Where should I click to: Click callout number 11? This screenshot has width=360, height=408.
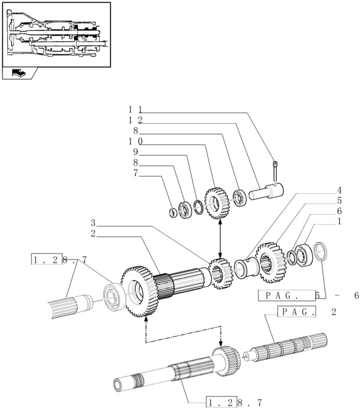pyautogui.click(x=135, y=109)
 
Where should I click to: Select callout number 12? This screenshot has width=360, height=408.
pyautogui.click(x=135, y=120)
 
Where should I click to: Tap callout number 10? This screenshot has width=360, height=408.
pyautogui.click(x=135, y=141)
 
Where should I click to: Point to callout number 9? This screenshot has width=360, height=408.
pyautogui.click(x=135, y=151)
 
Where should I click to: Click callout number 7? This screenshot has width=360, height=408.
pyautogui.click(x=135, y=173)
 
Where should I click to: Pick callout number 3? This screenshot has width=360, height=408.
pyautogui.click(x=93, y=223)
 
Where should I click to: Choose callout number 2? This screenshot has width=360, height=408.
pyautogui.click(x=93, y=234)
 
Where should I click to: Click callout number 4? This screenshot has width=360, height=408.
pyautogui.click(x=339, y=190)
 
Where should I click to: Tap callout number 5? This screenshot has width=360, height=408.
pyautogui.click(x=339, y=200)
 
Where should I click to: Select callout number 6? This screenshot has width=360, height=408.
pyautogui.click(x=339, y=211)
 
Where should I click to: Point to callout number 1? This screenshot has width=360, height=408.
pyautogui.click(x=339, y=222)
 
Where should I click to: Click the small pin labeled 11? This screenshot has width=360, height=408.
pyautogui.click(x=275, y=173)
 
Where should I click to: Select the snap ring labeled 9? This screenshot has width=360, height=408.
pyautogui.click(x=199, y=208)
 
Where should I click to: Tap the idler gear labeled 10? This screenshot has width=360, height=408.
pyautogui.click(x=217, y=203)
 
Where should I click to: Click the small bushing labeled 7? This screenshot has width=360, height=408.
pyautogui.click(x=172, y=213)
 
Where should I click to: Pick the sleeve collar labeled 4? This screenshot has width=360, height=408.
pyautogui.click(x=246, y=268)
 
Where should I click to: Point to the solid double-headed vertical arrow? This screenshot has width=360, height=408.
pyautogui.click(x=220, y=239)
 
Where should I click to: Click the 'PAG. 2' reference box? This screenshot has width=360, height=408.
pyautogui.click(x=297, y=311)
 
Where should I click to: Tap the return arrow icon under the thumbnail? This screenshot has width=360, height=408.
pyautogui.click(x=19, y=73)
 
